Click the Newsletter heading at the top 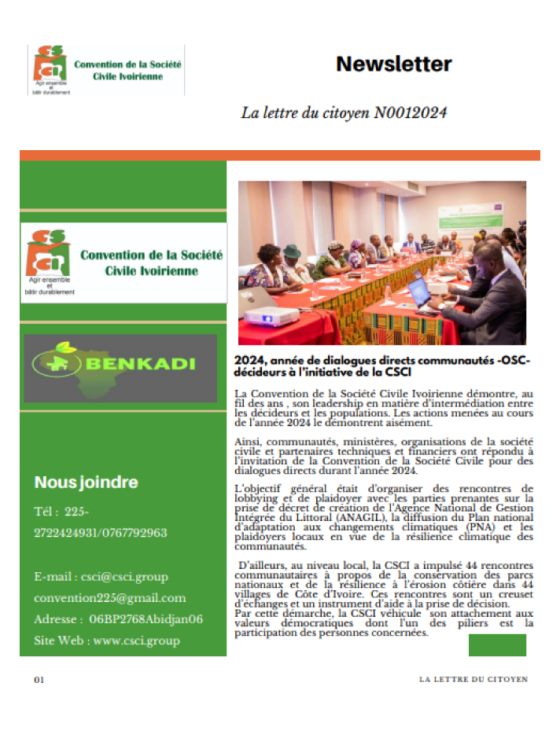(394, 64)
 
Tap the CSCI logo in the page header (105, 70)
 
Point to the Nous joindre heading (86, 483)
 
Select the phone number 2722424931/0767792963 (101, 533)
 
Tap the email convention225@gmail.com (110, 598)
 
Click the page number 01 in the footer (39, 680)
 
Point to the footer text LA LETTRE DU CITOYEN (473, 679)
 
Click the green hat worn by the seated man (292, 251)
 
